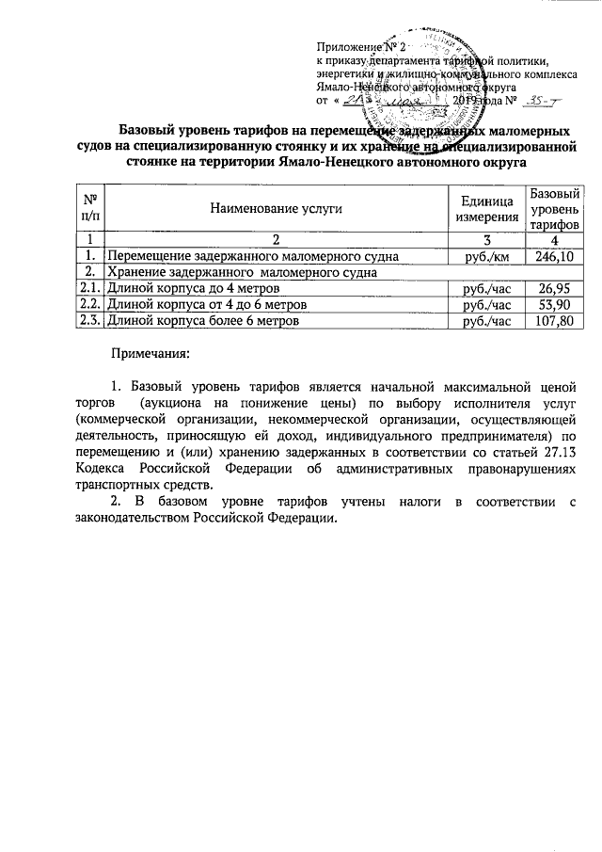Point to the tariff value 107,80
[553, 321]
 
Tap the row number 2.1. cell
[90, 289]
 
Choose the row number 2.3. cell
[90, 321]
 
